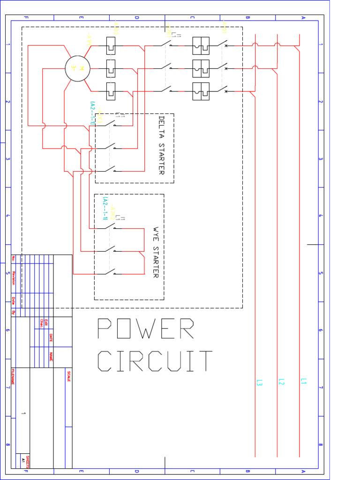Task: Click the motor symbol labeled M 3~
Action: [x=77, y=68]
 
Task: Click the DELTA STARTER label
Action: [x=161, y=145]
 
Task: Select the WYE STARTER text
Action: [x=156, y=253]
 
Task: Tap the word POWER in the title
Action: [x=145, y=329]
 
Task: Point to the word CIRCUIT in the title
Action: [x=155, y=361]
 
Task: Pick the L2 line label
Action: [x=281, y=382]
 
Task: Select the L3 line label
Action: [x=259, y=382]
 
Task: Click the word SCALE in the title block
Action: [x=69, y=376]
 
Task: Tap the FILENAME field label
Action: [x=13, y=376]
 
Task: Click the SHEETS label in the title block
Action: [x=28, y=461]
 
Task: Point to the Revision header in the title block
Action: [x=14, y=278]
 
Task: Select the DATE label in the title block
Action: [x=51, y=337]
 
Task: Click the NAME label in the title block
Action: [x=51, y=357]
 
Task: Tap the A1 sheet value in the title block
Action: [x=23, y=460]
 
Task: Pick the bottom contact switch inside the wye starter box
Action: [x=111, y=272]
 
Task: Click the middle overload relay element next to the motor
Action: [x=111, y=68]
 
